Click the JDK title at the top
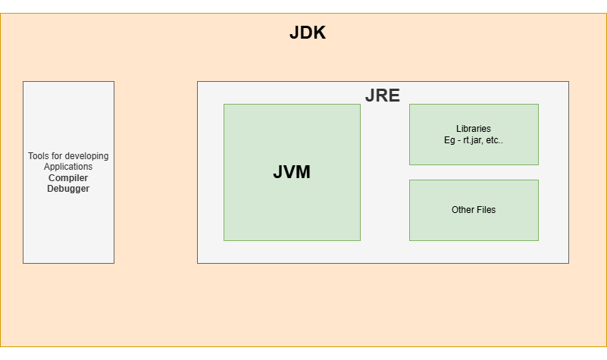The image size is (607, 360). pyautogui.click(x=307, y=33)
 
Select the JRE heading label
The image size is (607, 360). pyautogui.click(x=382, y=95)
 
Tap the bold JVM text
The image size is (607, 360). pyautogui.click(x=292, y=172)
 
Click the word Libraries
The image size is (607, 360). pyautogui.click(x=474, y=129)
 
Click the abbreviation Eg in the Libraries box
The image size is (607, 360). pyautogui.click(x=449, y=140)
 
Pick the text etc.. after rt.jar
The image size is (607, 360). pyautogui.click(x=493, y=140)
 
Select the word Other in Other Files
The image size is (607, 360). pyautogui.click(x=462, y=210)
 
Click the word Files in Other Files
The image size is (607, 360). pyautogui.click(x=486, y=210)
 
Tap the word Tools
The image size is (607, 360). pyautogui.click(x=39, y=156)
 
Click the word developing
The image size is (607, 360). pyautogui.click(x=87, y=156)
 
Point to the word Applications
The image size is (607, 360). pyautogui.click(x=68, y=167)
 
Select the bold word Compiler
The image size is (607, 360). pyautogui.click(x=68, y=177)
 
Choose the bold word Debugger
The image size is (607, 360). pyautogui.click(x=68, y=189)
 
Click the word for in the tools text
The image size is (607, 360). pyautogui.click(x=57, y=156)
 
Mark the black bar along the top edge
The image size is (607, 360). pyautogui.click(x=303, y=6)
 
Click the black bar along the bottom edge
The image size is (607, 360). pyautogui.click(x=303, y=353)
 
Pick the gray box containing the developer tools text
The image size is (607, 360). pyautogui.click(x=68, y=227)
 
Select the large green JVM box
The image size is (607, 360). pyautogui.click(x=292, y=212)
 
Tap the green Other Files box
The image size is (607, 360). pyautogui.click(x=474, y=227)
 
